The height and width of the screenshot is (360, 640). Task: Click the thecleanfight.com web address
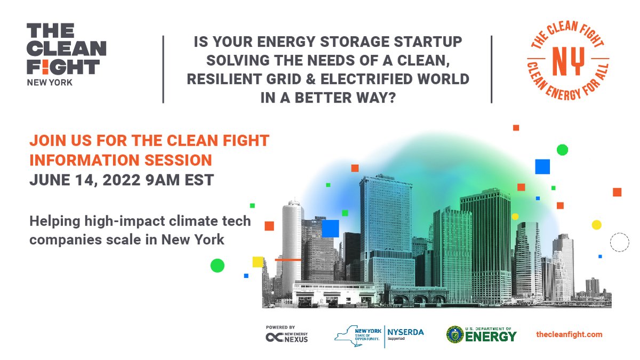(569, 334)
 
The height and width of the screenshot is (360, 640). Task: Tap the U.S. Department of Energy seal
(455, 334)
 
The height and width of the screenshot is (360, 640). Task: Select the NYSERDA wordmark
(406, 332)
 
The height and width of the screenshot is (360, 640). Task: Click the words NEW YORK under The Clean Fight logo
(50, 83)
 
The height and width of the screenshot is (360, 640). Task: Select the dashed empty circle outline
(620, 242)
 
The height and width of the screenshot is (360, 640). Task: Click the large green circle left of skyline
(218, 265)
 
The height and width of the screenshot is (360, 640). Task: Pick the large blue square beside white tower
(331, 228)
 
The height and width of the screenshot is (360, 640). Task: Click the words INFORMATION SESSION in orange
(121, 160)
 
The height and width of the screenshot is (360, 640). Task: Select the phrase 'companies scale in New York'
(127, 239)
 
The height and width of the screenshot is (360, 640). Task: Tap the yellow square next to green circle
(258, 262)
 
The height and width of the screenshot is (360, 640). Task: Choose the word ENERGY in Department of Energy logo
(491, 337)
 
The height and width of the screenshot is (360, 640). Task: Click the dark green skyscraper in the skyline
(485, 240)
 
